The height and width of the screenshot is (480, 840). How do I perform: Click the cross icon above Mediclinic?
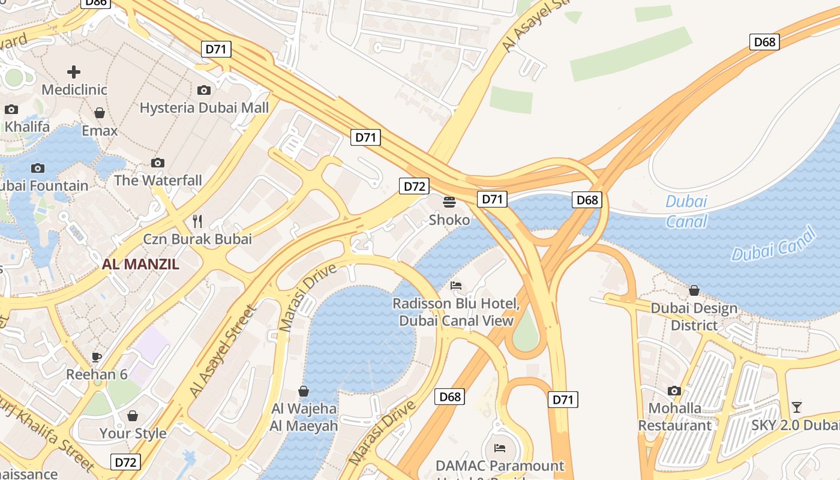74,72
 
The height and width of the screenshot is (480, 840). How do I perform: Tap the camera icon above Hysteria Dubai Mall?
204,90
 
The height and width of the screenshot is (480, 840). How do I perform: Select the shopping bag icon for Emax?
100,113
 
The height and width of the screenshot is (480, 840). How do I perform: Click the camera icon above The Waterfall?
158,163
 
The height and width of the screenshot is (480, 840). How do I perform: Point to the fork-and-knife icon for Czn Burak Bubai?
197,221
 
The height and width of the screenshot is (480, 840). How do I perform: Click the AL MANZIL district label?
140,264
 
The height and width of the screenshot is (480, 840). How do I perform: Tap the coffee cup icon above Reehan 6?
97,357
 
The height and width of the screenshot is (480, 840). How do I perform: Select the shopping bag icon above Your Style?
133,416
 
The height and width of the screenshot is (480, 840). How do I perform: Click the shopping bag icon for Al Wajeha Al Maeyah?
304,391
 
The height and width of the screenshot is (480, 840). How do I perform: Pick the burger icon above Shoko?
449,202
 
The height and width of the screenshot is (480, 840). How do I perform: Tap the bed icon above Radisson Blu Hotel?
456,285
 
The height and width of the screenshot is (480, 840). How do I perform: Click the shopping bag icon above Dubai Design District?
694,290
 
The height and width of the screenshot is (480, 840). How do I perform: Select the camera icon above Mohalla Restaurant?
674,391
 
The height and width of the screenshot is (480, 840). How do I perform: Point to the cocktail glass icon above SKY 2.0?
796,407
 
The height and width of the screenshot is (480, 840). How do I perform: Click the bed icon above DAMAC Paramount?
499,448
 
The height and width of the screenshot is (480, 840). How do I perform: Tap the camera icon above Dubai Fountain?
38,168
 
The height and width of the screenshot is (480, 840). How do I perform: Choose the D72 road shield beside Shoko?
414,186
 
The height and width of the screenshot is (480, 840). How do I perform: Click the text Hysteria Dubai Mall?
204,108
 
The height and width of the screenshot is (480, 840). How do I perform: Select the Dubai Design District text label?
694,316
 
